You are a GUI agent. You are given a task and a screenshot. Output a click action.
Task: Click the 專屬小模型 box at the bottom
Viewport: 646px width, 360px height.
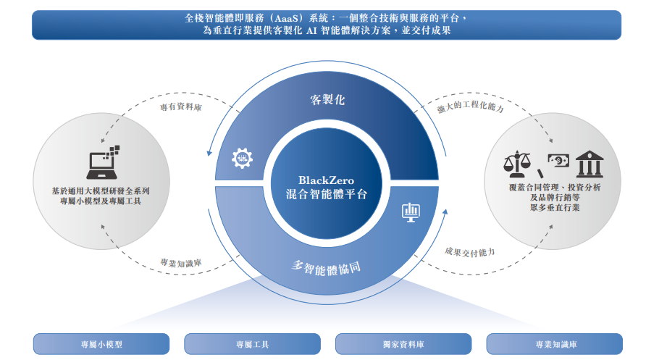click(101, 344)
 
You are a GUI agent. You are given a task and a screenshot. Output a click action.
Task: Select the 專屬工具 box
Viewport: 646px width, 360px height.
click(252, 344)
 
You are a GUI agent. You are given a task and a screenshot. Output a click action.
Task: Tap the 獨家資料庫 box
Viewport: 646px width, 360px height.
click(403, 344)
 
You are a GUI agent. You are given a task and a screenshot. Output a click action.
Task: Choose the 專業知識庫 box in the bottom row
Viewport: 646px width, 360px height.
click(554, 344)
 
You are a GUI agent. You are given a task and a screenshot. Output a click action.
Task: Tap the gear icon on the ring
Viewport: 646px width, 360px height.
click(241, 159)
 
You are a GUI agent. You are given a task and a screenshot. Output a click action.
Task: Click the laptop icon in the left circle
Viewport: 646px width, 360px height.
click(101, 162)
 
